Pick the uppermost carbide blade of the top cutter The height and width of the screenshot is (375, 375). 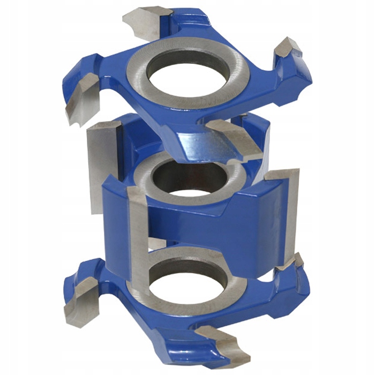(144, 19)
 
